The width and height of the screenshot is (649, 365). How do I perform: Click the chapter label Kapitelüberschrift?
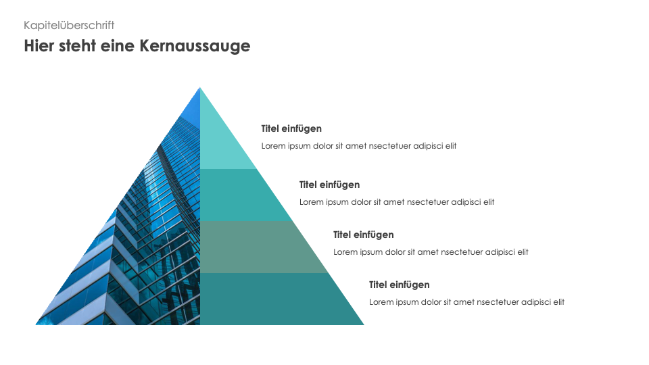pos(69,25)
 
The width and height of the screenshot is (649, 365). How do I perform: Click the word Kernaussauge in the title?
pos(195,46)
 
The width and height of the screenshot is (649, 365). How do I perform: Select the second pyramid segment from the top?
pos(240,195)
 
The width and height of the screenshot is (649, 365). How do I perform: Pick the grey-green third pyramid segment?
pos(257,247)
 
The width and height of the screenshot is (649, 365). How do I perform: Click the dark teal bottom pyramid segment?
pos(273,299)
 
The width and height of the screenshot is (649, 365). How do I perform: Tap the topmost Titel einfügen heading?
pos(291,128)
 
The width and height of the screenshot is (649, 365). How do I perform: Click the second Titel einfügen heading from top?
pos(329,185)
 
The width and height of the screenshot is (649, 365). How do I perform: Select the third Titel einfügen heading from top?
pos(364,235)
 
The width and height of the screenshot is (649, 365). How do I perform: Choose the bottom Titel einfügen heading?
pos(400,285)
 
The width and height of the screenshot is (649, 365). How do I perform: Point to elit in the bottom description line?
pos(558,301)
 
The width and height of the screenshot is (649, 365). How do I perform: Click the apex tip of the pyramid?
pos(200,87)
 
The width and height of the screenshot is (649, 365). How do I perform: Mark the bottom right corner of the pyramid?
pos(364,325)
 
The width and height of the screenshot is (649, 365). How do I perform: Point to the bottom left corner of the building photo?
pos(36,325)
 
